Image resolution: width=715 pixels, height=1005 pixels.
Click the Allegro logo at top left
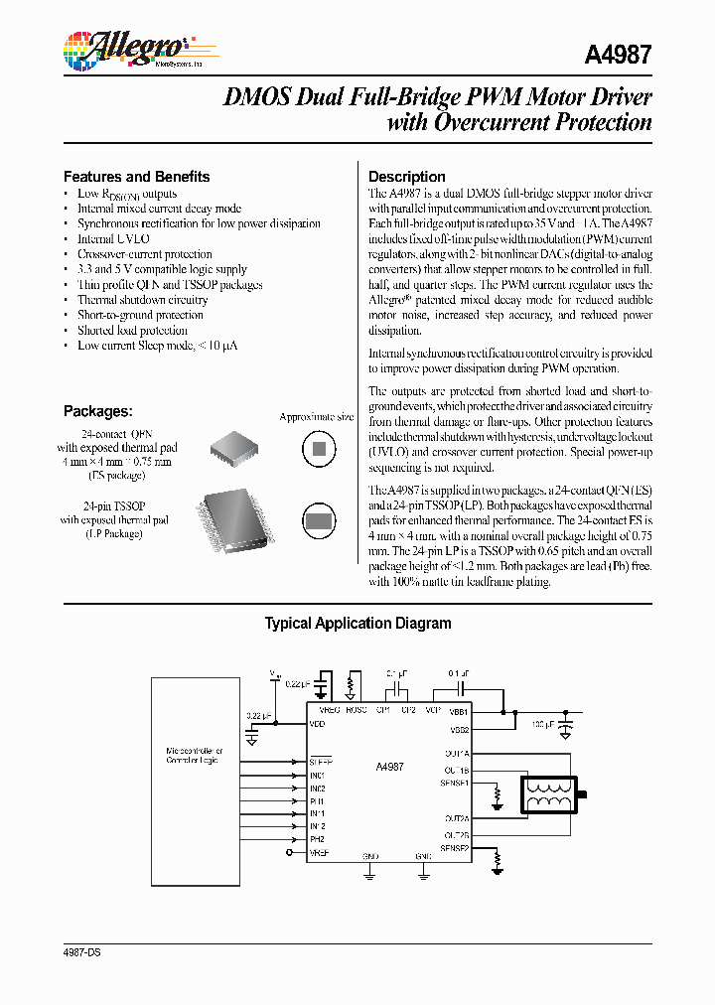click(124, 48)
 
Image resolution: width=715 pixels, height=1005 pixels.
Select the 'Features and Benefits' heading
click(136, 177)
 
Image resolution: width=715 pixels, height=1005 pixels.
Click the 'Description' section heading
click(406, 177)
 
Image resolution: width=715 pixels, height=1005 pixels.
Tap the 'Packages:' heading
click(97, 411)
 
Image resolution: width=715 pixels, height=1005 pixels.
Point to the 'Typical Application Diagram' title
click(357, 624)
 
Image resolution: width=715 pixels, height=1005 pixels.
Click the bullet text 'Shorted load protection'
click(132, 330)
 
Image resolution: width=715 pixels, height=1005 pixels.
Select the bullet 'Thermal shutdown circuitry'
click(142, 300)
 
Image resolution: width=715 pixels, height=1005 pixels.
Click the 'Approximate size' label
click(316, 417)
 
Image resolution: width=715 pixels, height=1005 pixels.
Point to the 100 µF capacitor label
click(543, 724)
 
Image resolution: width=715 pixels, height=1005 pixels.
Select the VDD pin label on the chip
click(318, 724)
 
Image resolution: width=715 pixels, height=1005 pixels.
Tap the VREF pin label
click(319, 852)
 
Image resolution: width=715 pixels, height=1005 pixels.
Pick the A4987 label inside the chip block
click(389, 767)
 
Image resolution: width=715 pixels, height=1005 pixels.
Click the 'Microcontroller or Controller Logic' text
click(195, 756)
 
